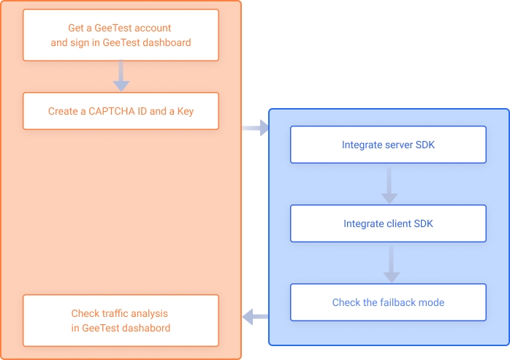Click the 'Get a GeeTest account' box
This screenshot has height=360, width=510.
click(x=121, y=35)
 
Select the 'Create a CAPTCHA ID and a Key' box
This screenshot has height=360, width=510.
click(x=121, y=111)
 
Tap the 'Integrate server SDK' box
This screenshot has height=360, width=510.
click(x=388, y=145)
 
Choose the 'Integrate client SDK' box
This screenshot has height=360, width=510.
click(x=388, y=223)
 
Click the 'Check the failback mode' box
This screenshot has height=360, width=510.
click(x=388, y=302)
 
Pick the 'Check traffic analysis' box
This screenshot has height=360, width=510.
click(x=121, y=321)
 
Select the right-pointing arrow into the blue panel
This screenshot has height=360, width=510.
click(x=255, y=129)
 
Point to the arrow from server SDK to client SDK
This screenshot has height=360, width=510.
click(x=389, y=184)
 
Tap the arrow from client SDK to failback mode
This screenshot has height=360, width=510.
click(x=392, y=263)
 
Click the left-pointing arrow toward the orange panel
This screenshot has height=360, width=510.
click(x=255, y=316)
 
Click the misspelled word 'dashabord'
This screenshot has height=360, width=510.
click(x=148, y=328)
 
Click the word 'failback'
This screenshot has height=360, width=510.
click(x=400, y=302)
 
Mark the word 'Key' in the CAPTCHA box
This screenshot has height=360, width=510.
click(x=186, y=112)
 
